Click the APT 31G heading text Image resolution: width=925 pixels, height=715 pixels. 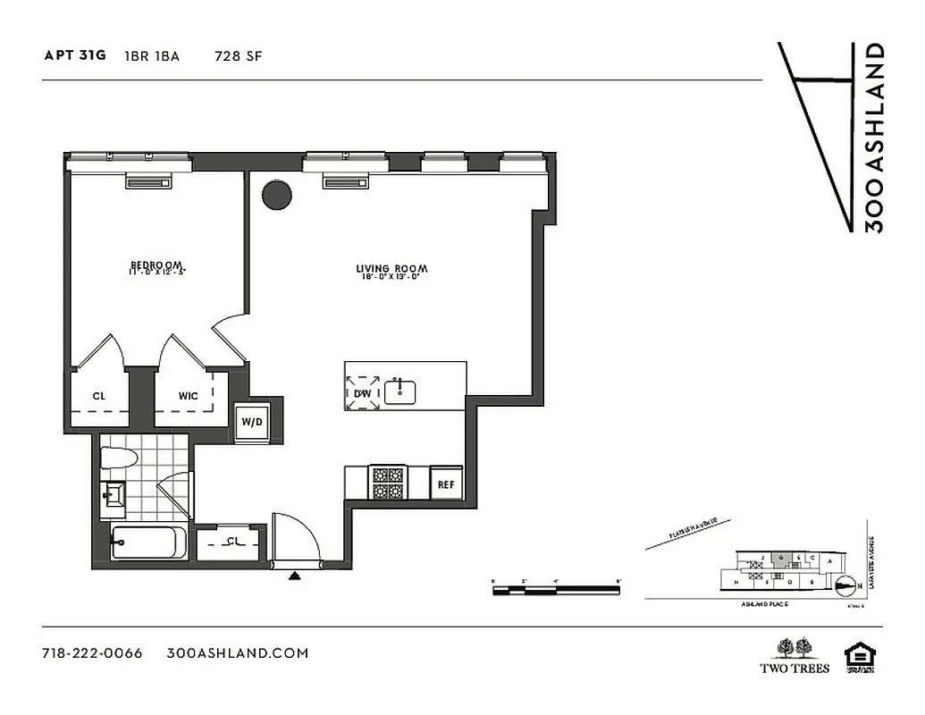[75, 55]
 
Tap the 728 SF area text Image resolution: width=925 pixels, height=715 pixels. [238, 55]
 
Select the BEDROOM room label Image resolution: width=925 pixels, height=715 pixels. [157, 265]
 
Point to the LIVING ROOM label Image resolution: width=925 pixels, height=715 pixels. [391, 269]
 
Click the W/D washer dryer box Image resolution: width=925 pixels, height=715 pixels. [250, 421]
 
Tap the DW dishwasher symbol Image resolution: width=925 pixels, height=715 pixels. [363, 391]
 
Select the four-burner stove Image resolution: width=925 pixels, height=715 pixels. [388, 484]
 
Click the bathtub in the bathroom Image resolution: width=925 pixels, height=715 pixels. [148, 543]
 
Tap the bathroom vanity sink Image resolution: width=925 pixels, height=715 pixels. [114, 494]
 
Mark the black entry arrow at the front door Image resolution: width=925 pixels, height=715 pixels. [294, 576]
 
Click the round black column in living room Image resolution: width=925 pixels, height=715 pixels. [277, 195]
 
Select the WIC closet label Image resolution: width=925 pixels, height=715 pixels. [189, 395]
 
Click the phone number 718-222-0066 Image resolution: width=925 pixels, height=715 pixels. [92, 652]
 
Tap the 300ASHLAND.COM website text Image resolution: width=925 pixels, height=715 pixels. [238, 652]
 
